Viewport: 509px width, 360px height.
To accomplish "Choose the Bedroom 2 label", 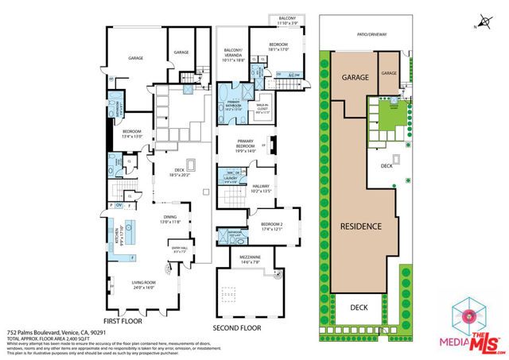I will tap(271, 226).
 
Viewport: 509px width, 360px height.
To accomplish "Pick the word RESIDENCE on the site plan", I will tap(363, 226).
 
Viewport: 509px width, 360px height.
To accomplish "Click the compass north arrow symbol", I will tap(481, 23).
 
